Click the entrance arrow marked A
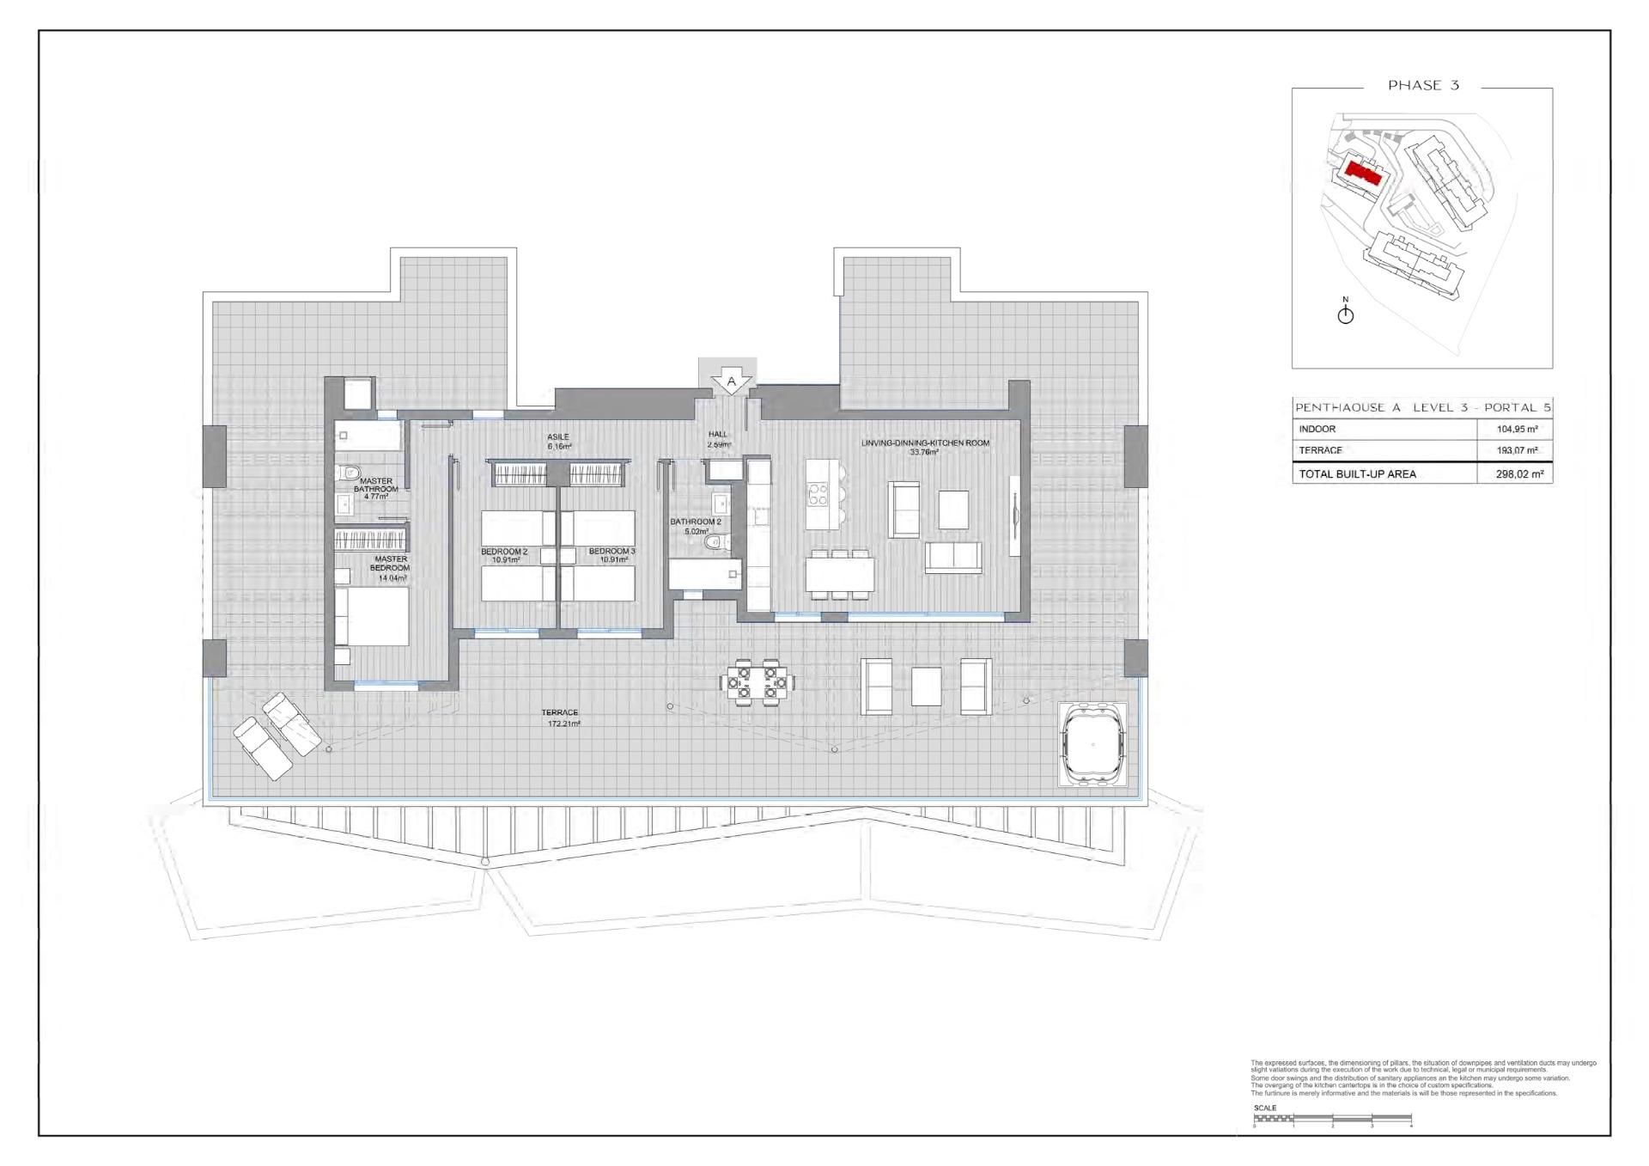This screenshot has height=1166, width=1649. (x=731, y=381)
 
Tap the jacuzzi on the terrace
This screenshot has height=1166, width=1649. (x=1092, y=744)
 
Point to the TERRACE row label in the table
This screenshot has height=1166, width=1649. (x=1320, y=450)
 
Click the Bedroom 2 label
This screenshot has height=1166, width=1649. (x=504, y=555)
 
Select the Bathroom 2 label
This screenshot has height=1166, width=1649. (x=696, y=526)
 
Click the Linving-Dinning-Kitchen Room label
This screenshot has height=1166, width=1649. (x=925, y=447)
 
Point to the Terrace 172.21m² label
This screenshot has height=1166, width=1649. (x=560, y=717)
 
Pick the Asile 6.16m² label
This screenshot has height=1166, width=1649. (x=558, y=442)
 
